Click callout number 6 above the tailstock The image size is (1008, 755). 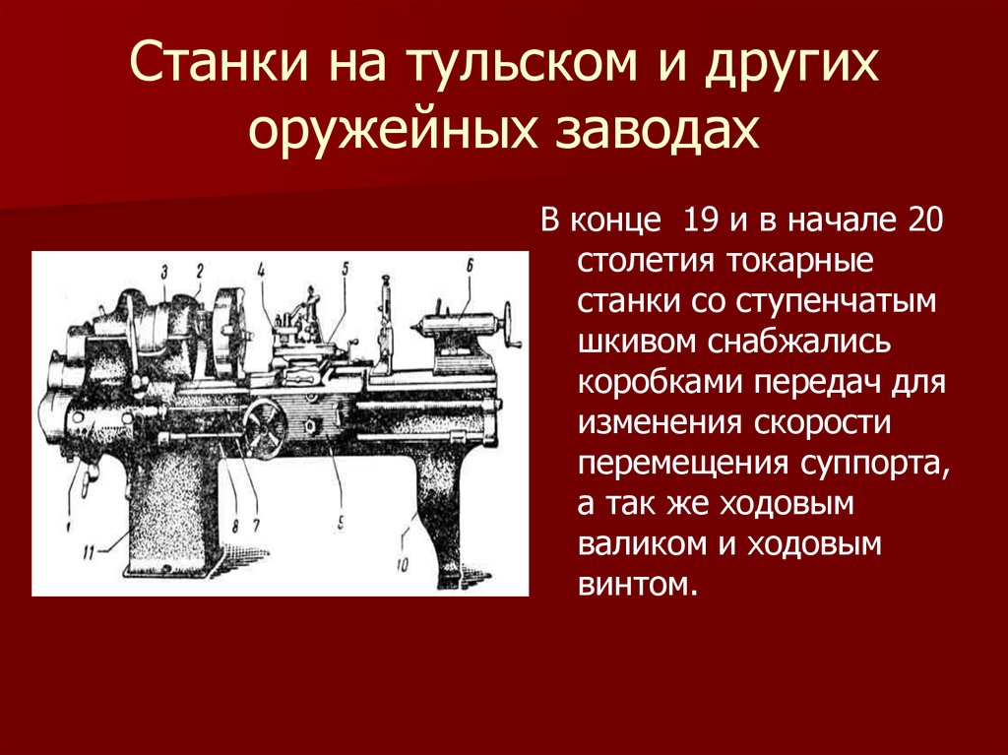471,264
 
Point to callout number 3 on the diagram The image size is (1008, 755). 164,271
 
